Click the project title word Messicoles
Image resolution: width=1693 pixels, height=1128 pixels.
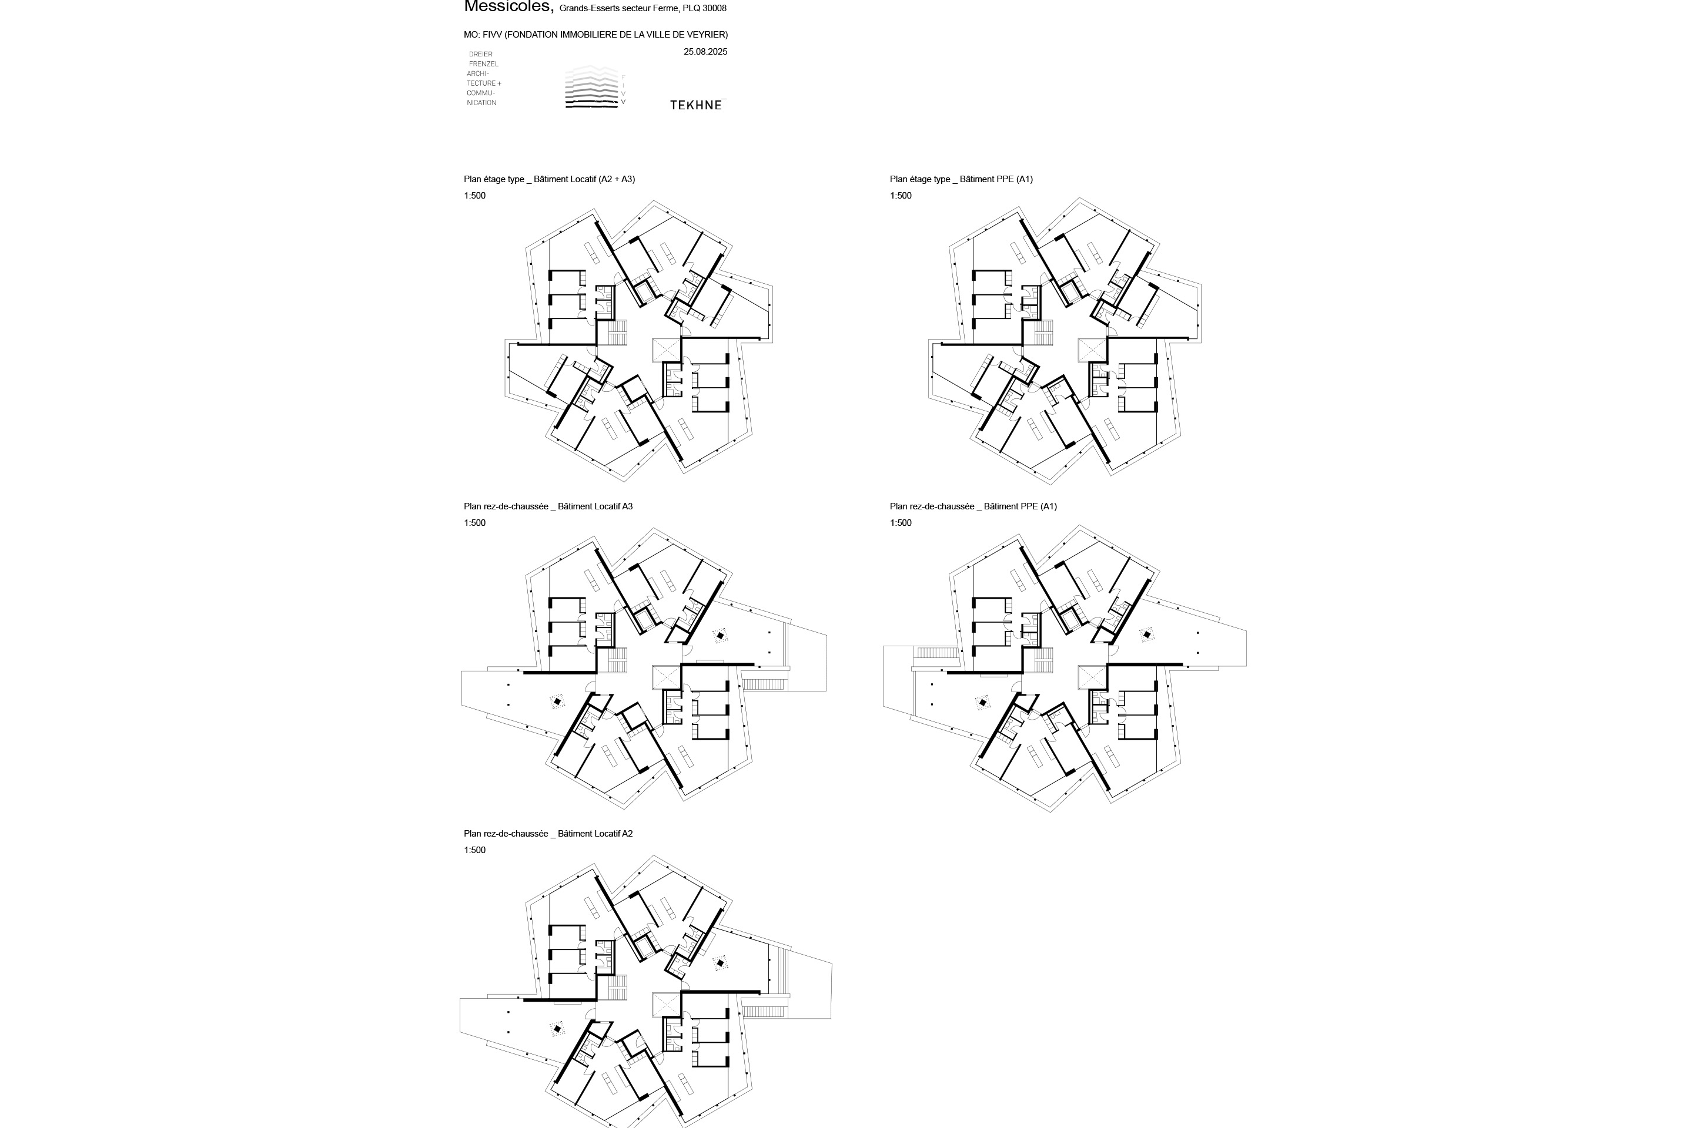tap(508, 7)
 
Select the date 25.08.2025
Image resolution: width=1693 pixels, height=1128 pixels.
tap(705, 52)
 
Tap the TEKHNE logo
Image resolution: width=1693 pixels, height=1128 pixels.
tap(696, 105)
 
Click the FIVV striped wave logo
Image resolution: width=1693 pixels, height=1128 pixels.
tap(592, 87)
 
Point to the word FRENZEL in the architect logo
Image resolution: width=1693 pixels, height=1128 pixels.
tap(483, 64)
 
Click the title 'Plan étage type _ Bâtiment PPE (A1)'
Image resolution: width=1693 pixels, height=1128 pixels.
tap(961, 179)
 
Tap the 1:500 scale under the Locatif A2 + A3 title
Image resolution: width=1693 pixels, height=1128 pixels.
tap(474, 196)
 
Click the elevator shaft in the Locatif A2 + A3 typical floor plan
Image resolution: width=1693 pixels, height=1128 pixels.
tap(666, 350)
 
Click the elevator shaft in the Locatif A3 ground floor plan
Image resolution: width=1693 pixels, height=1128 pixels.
tap(666, 677)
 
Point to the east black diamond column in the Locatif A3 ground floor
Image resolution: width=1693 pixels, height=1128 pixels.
tap(719, 635)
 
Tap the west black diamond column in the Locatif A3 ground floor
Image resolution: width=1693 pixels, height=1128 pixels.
tap(557, 701)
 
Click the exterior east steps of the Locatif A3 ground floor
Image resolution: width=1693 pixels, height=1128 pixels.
tap(762, 683)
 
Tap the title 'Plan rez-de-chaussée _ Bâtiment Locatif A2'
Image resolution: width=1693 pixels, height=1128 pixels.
tap(548, 834)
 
